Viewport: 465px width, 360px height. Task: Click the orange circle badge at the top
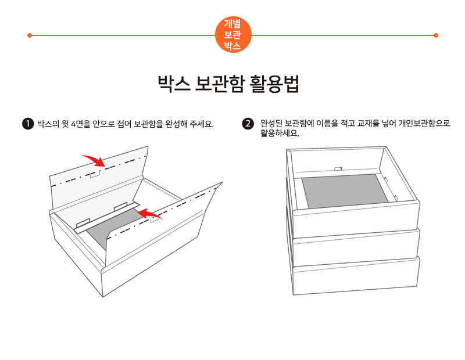(x=233, y=35)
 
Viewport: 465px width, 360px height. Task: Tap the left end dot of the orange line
(x=30, y=35)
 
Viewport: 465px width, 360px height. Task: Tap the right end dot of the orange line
(x=435, y=35)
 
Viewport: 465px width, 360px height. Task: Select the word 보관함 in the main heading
(x=220, y=84)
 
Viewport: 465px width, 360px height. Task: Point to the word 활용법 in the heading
(x=274, y=84)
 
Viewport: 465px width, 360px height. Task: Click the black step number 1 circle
(x=28, y=124)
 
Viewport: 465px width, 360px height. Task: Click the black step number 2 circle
(x=248, y=124)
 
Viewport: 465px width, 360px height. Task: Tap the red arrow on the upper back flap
(x=94, y=160)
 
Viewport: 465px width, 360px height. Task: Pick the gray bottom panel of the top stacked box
(x=345, y=191)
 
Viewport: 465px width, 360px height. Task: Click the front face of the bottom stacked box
(x=356, y=276)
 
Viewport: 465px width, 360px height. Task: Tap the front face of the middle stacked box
(x=356, y=248)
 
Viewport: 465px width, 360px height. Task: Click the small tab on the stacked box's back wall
(x=338, y=169)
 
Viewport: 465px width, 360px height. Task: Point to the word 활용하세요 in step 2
(x=280, y=134)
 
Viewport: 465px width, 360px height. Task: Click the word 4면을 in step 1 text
(x=81, y=124)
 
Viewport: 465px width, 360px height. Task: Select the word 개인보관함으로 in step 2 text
(x=424, y=123)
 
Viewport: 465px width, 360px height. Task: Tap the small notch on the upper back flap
(x=95, y=174)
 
